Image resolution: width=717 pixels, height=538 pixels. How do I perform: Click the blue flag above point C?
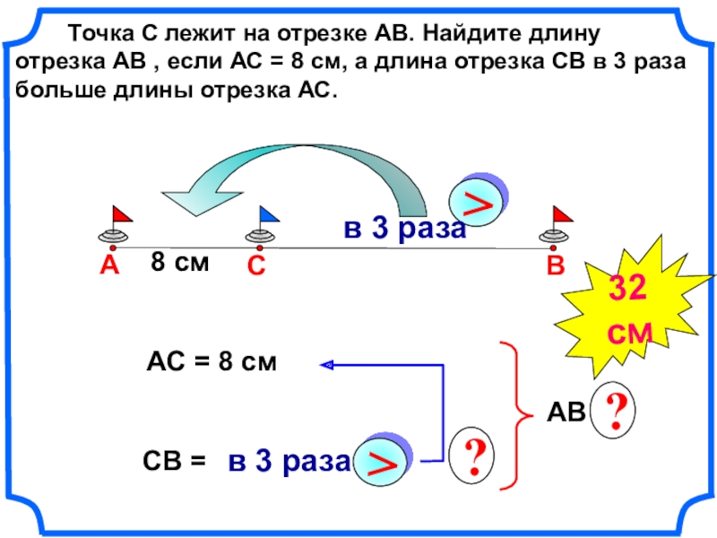point(268,213)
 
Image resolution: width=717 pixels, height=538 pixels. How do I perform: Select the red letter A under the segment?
point(109,265)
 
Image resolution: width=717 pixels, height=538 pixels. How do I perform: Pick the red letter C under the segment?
point(256,267)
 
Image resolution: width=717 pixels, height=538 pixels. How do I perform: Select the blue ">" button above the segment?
point(479,202)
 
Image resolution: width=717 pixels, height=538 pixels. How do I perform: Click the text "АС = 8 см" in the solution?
point(212,362)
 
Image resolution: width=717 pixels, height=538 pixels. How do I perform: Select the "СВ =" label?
point(174,461)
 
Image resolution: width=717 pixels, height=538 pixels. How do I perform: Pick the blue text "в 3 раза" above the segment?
point(404,230)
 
